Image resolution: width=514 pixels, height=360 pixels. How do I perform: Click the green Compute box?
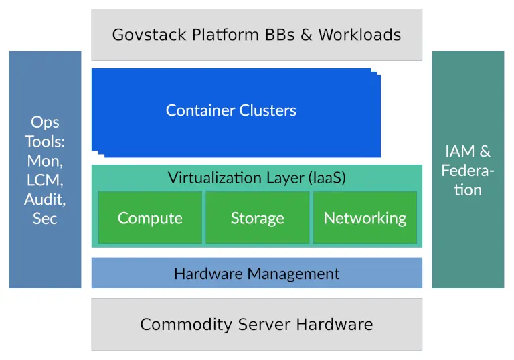pyautogui.click(x=150, y=218)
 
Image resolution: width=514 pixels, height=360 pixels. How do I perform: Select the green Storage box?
pyautogui.click(x=257, y=218)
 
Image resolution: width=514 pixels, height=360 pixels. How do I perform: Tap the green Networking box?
pyautogui.click(x=365, y=218)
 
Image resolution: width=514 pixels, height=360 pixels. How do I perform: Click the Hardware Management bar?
pyautogui.click(x=256, y=273)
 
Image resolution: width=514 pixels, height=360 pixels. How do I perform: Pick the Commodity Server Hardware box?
pyautogui.click(x=256, y=325)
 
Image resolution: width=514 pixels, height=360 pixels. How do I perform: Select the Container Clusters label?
pyautogui.click(x=231, y=110)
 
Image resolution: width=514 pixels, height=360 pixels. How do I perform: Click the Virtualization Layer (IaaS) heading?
pyautogui.click(x=256, y=178)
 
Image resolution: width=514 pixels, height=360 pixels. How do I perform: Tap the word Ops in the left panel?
pyautogui.click(x=45, y=122)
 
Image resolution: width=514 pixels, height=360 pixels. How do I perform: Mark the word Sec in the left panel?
pyautogui.click(x=45, y=219)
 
